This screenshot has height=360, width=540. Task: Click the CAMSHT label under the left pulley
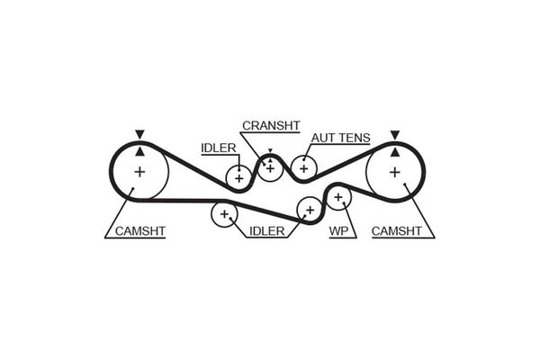coord(140,231)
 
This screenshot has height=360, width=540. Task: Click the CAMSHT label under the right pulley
coord(396,231)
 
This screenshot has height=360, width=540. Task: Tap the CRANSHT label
coord(271,125)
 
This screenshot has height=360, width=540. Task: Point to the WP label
coord(338,231)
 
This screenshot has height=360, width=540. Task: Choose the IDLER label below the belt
coord(265,231)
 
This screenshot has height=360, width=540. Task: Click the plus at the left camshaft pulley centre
coord(140,171)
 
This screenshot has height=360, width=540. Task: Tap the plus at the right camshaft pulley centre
coord(394,171)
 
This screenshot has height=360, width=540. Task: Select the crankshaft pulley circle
coord(271,168)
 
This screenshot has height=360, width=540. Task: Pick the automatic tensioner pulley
coord(303,166)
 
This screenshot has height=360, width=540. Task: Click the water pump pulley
coord(338,196)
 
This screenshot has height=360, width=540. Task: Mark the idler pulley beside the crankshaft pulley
coord(238,177)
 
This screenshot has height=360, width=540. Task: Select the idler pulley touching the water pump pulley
coord(310,209)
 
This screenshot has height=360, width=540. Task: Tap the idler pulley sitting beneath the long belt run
coord(222,214)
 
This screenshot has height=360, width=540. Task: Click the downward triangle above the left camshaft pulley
coord(139,134)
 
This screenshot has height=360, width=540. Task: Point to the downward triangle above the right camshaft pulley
coord(394,135)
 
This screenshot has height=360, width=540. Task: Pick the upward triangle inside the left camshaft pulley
coord(139,150)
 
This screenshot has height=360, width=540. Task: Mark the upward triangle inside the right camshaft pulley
coord(394,150)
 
